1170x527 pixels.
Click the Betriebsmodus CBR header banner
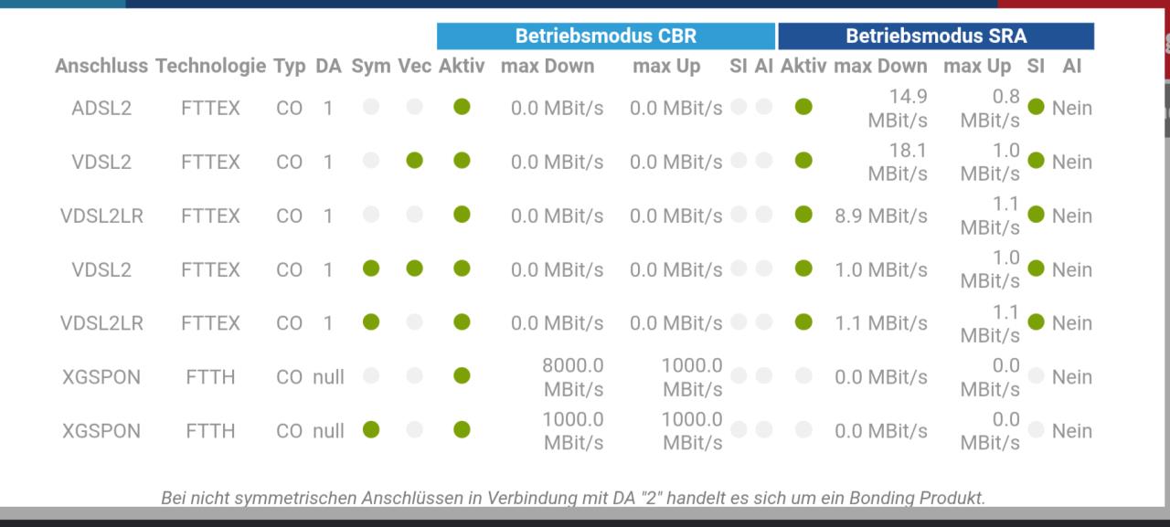click(x=606, y=36)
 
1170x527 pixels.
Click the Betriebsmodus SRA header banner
click(x=936, y=36)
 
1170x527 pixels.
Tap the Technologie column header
click(x=210, y=67)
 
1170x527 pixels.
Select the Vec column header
click(x=415, y=67)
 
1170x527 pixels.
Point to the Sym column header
click(x=371, y=67)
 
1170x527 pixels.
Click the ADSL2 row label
click(x=101, y=108)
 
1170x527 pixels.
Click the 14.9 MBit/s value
click(x=898, y=108)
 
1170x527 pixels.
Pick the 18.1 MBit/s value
click(x=898, y=162)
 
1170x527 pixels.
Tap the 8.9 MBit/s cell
click(x=880, y=216)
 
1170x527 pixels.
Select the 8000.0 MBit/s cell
click(x=573, y=376)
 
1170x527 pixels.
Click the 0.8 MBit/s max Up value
click(x=990, y=108)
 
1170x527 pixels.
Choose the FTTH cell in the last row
click(x=210, y=431)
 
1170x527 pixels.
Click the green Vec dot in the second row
click(x=415, y=160)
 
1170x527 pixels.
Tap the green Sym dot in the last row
click(x=371, y=430)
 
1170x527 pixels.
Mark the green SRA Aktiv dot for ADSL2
click(x=803, y=107)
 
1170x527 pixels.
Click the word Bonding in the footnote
click(x=882, y=498)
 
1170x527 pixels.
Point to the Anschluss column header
click(x=101, y=67)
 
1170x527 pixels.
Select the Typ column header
click(x=290, y=67)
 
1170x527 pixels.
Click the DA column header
click(x=328, y=67)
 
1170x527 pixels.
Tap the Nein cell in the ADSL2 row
click(x=1072, y=108)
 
